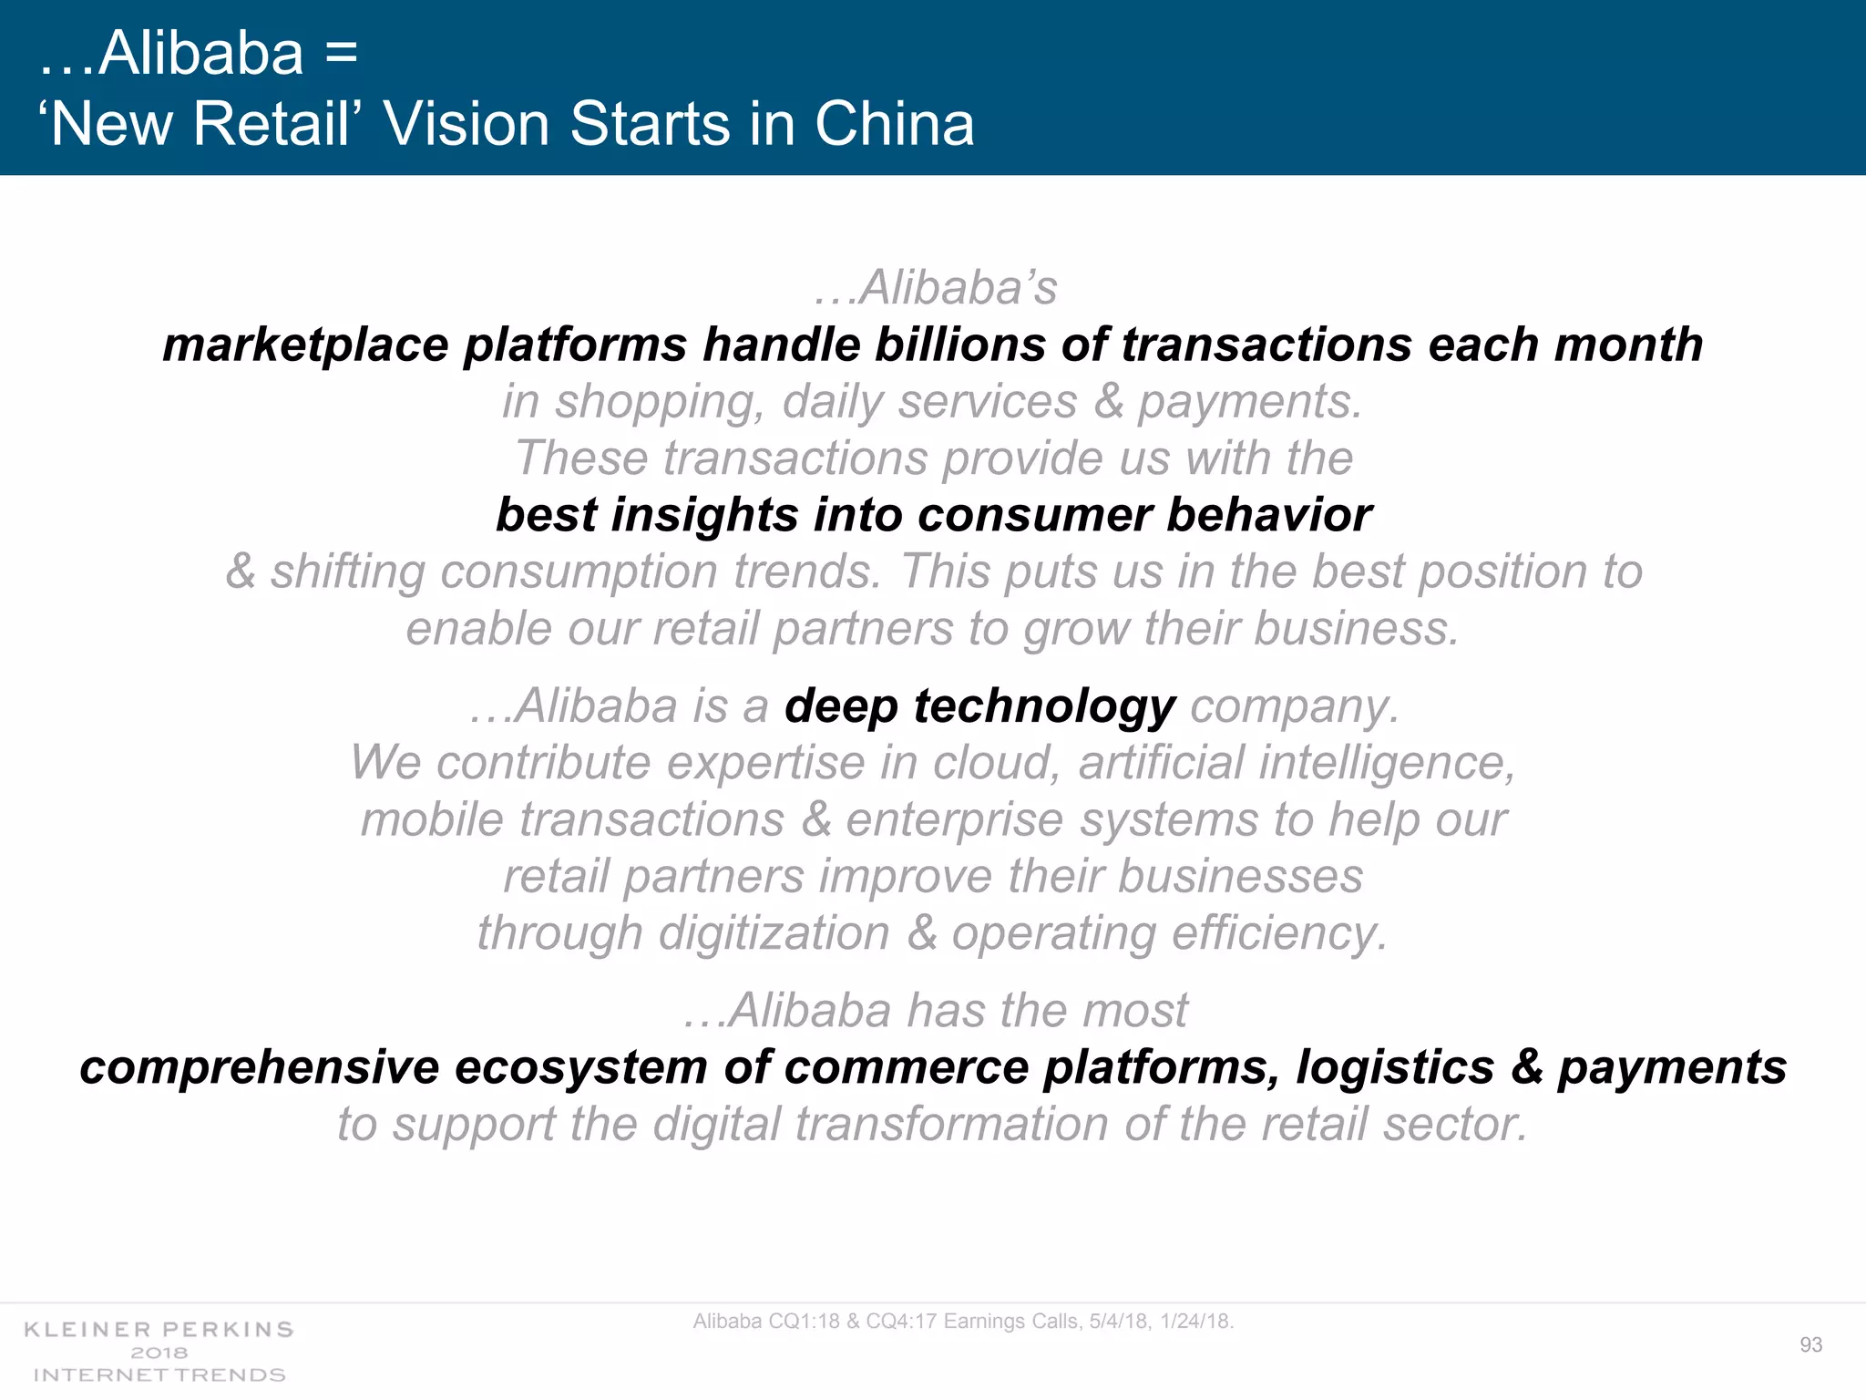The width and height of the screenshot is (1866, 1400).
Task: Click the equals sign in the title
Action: [341, 53]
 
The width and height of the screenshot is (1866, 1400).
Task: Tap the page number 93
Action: [1810, 1344]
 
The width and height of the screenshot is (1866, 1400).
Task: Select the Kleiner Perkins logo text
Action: [159, 1330]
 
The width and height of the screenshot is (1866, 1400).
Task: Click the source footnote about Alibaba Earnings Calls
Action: [963, 1321]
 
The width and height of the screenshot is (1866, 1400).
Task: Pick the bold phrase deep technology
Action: [979, 706]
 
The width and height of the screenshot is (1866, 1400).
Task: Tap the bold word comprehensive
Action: [259, 1067]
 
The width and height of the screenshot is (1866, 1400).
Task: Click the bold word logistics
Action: [1395, 1067]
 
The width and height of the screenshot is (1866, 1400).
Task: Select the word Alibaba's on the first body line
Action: [957, 288]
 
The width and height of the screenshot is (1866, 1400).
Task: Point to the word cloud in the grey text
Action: [996, 763]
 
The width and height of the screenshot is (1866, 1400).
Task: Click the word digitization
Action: [774, 933]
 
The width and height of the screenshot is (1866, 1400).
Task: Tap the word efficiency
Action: [1278, 933]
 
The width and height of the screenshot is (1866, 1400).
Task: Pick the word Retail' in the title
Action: [272, 124]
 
